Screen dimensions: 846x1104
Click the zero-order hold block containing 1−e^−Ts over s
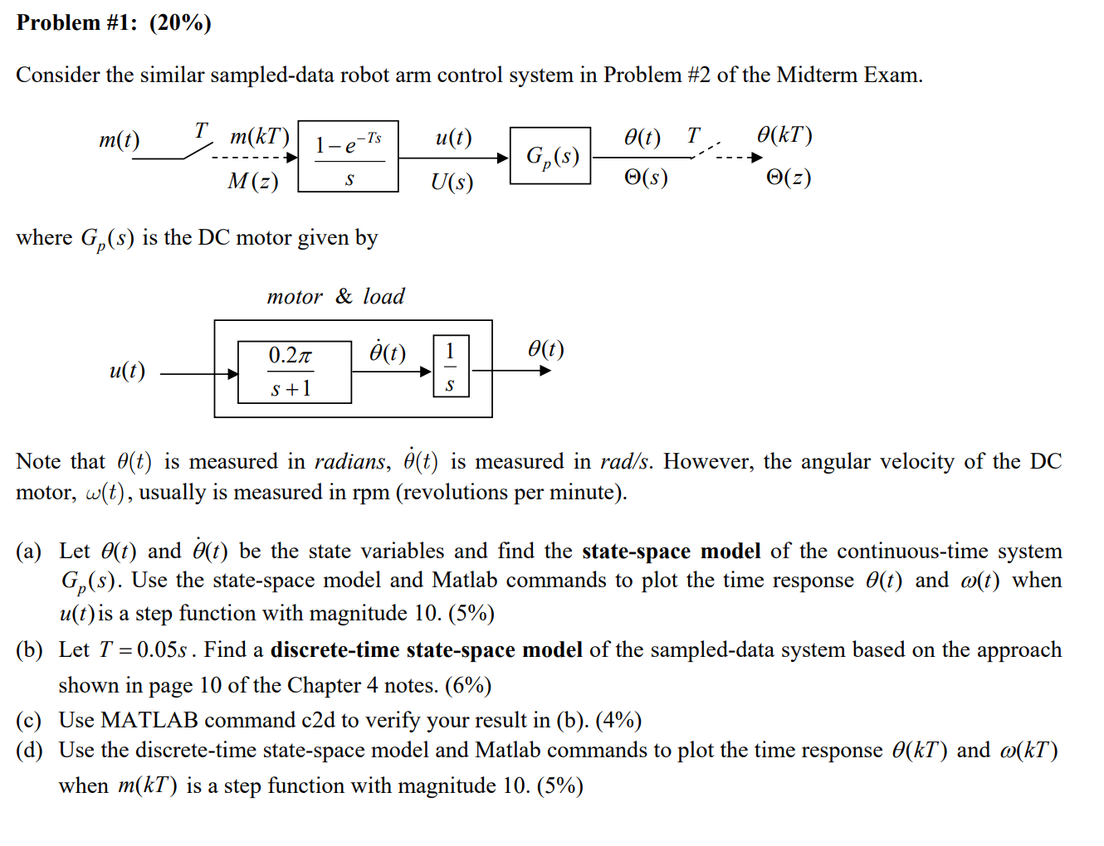tap(348, 156)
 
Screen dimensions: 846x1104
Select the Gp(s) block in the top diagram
tap(550, 156)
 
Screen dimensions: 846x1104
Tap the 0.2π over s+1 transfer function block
tap(294, 372)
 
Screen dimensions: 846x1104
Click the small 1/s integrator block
tap(451, 366)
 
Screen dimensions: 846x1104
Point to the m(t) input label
tap(120, 139)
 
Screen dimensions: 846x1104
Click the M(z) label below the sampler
tap(253, 181)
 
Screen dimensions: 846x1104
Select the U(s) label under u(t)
tap(452, 181)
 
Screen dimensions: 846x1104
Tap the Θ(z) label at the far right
tap(788, 177)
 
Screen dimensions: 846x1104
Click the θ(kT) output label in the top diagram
tap(784, 135)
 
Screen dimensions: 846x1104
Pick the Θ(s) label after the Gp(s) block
tap(646, 177)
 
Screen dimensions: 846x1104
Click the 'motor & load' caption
tap(335, 296)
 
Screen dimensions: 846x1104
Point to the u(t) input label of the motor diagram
tap(127, 370)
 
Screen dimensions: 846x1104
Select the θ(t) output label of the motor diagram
tap(546, 349)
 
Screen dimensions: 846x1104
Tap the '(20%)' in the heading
tap(180, 22)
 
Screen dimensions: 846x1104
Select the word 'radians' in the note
tap(349, 461)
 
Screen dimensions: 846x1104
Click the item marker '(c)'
tap(29, 720)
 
